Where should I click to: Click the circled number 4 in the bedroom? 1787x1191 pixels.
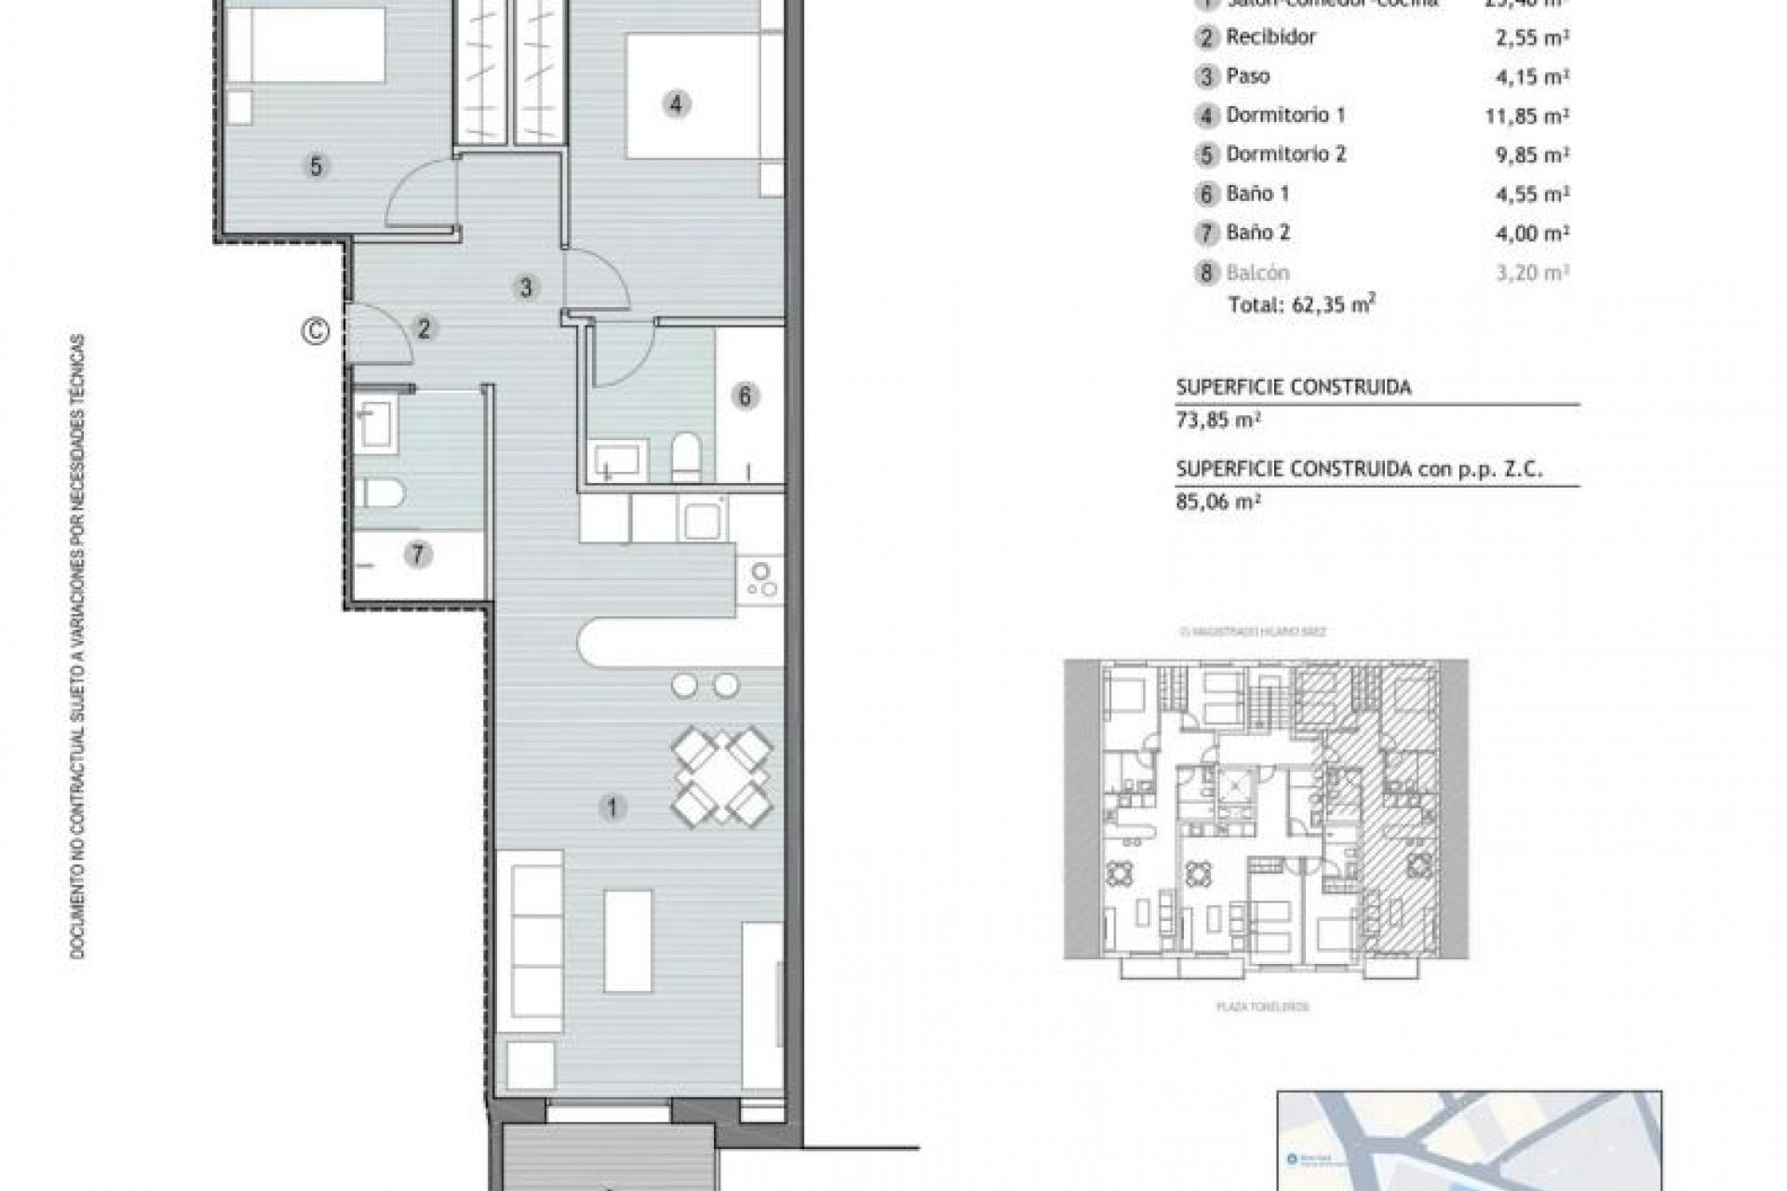point(676,103)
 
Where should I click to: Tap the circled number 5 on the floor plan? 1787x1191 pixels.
point(316,167)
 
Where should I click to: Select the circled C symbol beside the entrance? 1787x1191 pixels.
point(316,330)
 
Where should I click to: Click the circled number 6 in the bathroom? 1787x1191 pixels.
point(745,396)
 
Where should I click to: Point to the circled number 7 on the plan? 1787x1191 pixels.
point(418,555)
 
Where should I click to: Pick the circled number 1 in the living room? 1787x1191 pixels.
point(611,807)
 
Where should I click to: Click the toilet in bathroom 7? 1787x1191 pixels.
point(382,493)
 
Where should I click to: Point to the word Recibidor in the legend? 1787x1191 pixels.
point(1270,37)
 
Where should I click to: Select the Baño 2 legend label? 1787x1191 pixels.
point(1257,233)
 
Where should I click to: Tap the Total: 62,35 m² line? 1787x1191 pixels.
point(1301,303)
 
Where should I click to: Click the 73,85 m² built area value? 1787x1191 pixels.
point(1217,420)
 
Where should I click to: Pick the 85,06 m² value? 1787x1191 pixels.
point(1217,502)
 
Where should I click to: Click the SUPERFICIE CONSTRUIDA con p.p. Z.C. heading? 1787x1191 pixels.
point(1359,469)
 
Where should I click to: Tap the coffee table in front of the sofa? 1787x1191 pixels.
point(628,940)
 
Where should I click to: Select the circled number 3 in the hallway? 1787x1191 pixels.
point(526,288)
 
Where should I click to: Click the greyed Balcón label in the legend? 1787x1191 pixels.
point(1257,273)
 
